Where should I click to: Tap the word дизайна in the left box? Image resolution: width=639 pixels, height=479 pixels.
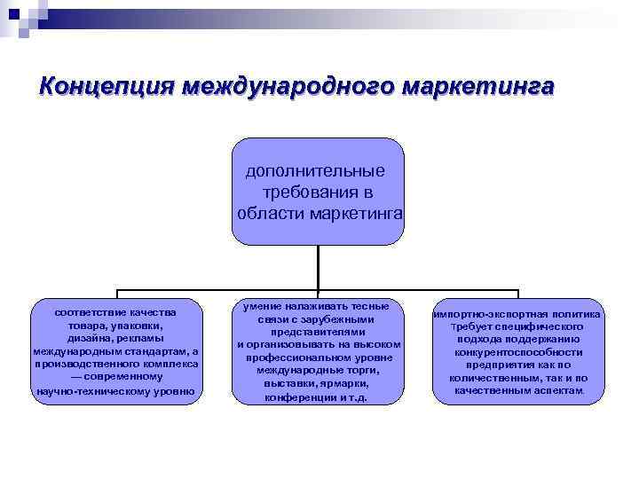coord(75,338)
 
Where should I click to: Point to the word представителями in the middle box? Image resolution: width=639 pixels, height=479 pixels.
coord(319,332)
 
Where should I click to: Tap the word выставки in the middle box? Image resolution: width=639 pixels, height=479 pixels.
coord(288,383)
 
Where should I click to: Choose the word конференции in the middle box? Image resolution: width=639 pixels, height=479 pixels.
coord(301,397)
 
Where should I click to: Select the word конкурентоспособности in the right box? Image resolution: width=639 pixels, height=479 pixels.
coord(517,351)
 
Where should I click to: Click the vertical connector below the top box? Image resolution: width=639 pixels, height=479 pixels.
coord(319,268)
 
